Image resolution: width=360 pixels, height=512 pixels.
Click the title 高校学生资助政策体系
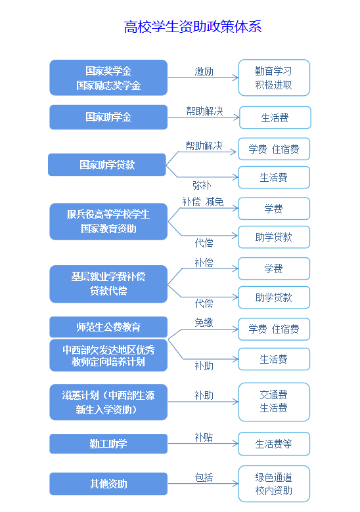point(192,26)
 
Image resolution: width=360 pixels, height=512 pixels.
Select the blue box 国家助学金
point(108,117)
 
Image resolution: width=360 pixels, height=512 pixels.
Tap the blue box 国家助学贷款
point(107,165)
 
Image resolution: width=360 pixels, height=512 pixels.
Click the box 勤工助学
point(108,444)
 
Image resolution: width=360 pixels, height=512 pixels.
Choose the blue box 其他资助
point(108,484)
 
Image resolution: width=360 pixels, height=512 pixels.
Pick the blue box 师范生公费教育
point(108,327)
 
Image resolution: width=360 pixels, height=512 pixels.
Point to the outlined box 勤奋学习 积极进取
point(274,77)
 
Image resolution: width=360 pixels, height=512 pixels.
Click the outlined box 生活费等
point(274,444)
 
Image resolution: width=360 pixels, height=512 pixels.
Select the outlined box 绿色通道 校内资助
point(274,484)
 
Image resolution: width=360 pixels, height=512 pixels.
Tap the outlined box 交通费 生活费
point(274,402)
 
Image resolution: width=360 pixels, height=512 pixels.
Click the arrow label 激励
point(204,72)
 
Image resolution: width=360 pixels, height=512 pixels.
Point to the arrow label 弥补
point(202,185)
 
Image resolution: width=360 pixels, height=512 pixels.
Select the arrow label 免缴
point(204,322)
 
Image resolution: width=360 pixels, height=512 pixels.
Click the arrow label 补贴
point(204,437)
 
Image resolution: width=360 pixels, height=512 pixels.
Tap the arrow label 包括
point(204,477)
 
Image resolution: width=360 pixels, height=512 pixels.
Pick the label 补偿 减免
point(203,202)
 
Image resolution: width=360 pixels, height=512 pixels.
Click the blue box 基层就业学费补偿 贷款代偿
point(108,284)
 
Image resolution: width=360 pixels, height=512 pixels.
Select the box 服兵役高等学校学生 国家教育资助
point(108,222)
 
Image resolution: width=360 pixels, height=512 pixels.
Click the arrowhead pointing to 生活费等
point(236,444)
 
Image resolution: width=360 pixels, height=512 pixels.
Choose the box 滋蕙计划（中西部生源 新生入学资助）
point(108,402)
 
